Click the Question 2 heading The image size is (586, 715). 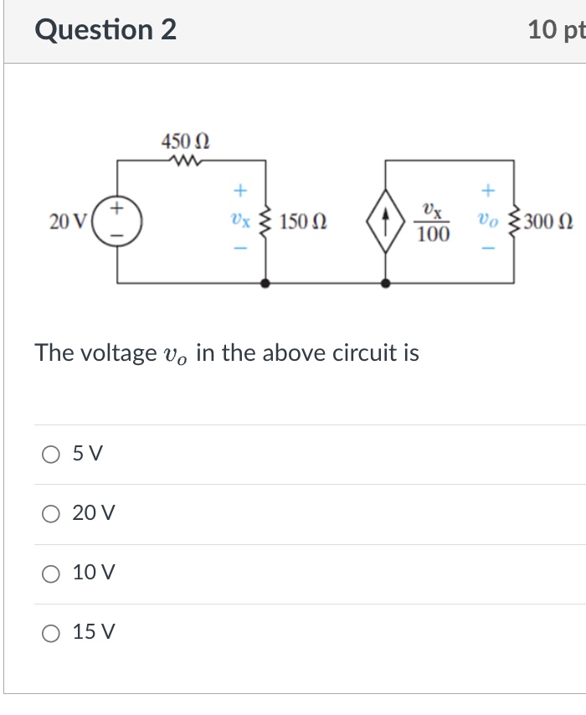[x=105, y=30]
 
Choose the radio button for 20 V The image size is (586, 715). [x=52, y=513]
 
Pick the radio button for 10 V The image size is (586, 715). [x=52, y=573]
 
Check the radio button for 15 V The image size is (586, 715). [x=52, y=632]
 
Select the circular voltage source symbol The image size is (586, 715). [x=116, y=222]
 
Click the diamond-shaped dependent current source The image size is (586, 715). [x=385, y=223]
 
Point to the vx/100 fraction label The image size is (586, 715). [x=432, y=222]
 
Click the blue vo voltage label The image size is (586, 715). [x=488, y=222]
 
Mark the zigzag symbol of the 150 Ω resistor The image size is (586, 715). [x=266, y=223]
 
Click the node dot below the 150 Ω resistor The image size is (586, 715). [x=266, y=284]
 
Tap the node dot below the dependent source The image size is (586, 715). [x=385, y=284]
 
